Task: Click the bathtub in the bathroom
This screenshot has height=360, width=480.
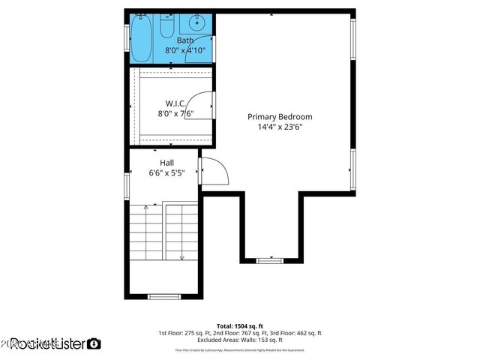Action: [x=142, y=37]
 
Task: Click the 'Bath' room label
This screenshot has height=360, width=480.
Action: [x=184, y=40]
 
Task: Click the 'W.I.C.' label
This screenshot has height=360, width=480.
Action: [x=176, y=103]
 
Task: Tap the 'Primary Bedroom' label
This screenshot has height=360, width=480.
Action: [x=280, y=117]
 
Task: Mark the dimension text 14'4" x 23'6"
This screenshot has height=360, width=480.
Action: [x=280, y=127]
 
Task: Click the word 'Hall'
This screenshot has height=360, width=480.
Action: [x=166, y=163]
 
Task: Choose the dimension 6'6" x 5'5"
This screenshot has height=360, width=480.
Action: [x=166, y=173]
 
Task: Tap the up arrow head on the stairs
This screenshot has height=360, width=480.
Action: [x=144, y=206]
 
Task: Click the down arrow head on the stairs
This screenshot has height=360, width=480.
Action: [x=181, y=258]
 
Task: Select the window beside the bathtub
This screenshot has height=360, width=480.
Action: [x=127, y=37]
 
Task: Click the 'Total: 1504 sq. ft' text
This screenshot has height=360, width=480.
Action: [x=240, y=325]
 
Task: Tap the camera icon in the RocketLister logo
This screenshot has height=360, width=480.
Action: [x=94, y=344]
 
